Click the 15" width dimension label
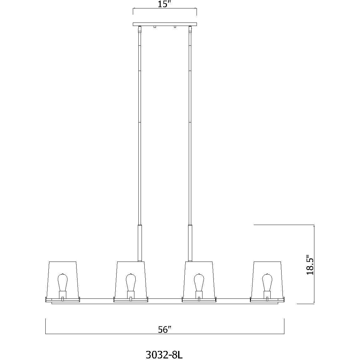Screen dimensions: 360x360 164,5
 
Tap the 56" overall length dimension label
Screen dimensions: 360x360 165,330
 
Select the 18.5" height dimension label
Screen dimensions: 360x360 310,264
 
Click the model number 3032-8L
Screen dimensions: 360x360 164,346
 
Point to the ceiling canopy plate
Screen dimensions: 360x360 165,24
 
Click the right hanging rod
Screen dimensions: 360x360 190,125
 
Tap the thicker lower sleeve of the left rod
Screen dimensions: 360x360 140,242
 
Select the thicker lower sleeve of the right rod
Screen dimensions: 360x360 190,242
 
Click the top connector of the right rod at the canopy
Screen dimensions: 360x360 190,30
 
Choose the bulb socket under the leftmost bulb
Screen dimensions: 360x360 62,294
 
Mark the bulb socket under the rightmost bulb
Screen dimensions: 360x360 267,294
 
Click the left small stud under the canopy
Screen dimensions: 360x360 155,27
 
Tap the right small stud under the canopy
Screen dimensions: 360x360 175,27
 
